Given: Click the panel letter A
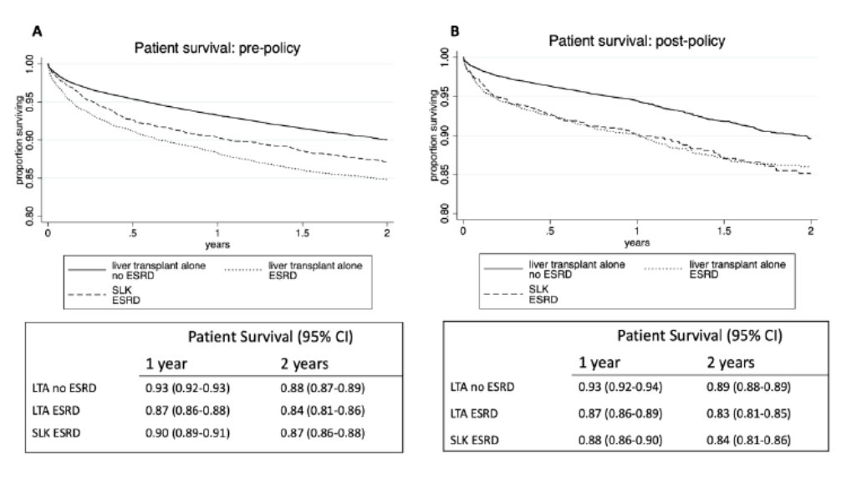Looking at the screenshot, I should tap(37, 31).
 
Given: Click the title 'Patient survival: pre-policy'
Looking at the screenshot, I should tap(217, 48).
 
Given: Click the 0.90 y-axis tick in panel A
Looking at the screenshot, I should tap(31, 140).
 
